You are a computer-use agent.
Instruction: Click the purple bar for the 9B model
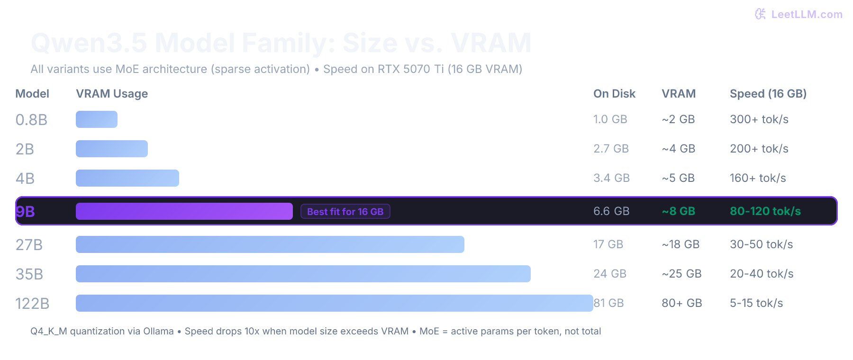(184, 211)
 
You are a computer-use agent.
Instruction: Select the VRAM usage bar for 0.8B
(97, 119)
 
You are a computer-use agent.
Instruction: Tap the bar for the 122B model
(334, 303)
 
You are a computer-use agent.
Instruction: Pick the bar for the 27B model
(270, 244)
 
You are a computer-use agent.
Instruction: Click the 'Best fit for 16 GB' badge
(345, 211)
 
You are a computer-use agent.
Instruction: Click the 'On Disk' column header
(614, 94)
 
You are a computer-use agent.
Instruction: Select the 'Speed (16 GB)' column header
(768, 94)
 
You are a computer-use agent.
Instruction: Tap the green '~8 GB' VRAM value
(678, 211)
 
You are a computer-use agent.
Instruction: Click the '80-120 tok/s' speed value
(765, 211)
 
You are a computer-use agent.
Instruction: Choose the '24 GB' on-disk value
(609, 274)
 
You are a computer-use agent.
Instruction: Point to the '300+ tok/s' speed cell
(759, 119)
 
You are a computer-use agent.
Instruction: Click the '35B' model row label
(29, 274)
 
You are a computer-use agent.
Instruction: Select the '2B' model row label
(25, 149)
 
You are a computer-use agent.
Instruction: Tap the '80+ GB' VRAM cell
(681, 303)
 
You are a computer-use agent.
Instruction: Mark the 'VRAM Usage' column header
(112, 94)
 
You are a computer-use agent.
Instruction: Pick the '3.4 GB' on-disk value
(611, 178)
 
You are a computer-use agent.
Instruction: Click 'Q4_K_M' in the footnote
(49, 331)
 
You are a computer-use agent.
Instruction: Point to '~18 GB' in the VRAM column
(681, 244)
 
